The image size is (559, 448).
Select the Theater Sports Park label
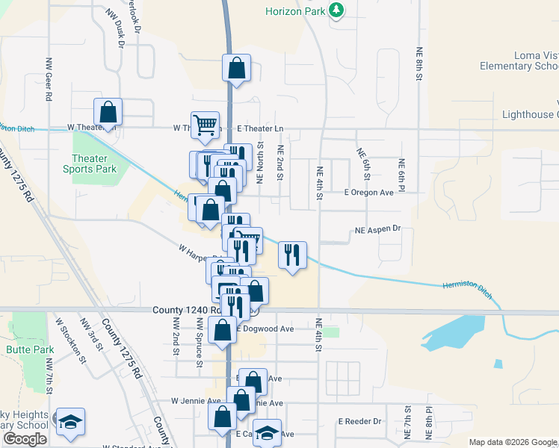[94, 164]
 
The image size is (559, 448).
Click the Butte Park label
[30, 349]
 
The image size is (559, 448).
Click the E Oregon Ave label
[368, 193]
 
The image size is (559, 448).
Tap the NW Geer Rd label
[49, 80]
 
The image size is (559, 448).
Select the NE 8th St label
[420, 65]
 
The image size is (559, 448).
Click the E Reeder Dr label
[359, 422]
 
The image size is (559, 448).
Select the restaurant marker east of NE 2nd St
[292, 255]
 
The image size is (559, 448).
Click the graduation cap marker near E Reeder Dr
[267, 433]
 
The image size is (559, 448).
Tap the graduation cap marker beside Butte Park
[71, 422]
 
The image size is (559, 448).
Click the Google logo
[25, 439]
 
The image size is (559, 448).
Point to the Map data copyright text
[513, 443]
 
